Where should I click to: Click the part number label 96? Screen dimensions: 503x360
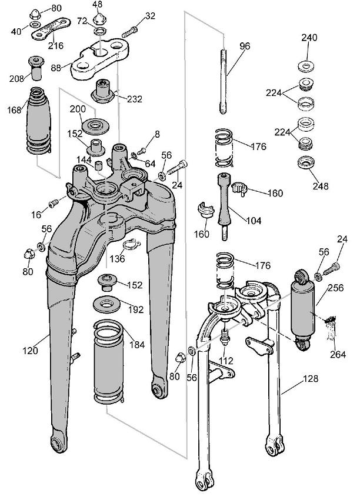click(x=245, y=46)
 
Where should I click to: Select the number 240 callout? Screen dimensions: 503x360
click(x=309, y=38)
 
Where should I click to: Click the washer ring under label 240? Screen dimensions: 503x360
click(x=306, y=64)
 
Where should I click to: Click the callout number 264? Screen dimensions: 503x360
click(x=338, y=354)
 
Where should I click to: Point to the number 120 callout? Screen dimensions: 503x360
click(x=31, y=351)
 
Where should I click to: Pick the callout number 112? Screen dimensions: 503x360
click(x=226, y=361)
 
